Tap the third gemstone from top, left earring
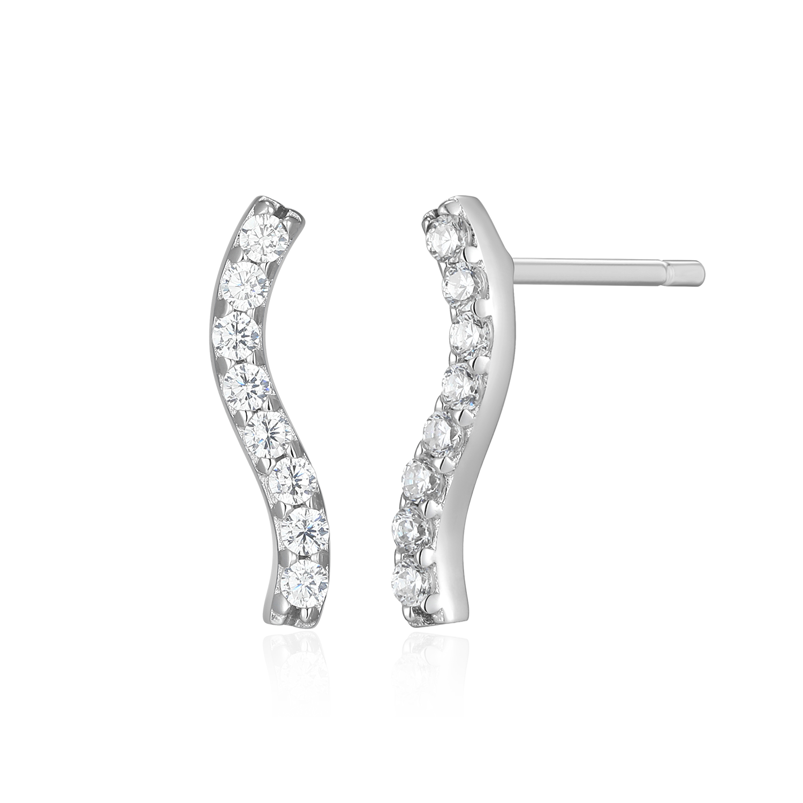pos(236,335)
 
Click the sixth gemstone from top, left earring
pos(290,476)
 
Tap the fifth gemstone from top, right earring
pos(442,429)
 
